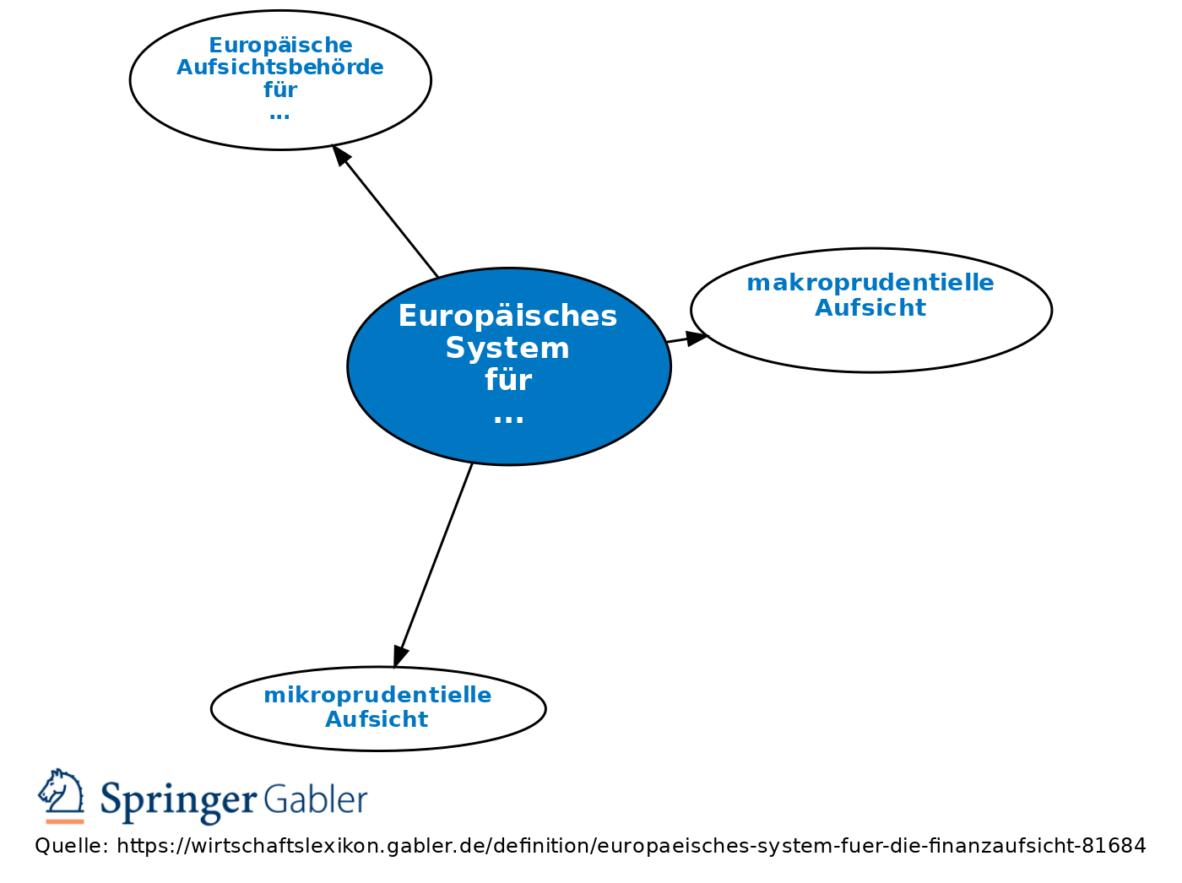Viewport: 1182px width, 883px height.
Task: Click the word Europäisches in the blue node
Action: [507, 317]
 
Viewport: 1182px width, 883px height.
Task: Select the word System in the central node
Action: [507, 348]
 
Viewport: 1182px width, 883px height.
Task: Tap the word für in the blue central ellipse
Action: [507, 380]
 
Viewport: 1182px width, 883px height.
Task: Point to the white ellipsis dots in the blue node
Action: [508, 419]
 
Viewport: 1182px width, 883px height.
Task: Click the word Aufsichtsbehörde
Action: [280, 68]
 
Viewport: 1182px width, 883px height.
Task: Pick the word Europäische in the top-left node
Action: [280, 46]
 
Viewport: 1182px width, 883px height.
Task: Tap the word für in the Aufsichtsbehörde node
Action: [280, 89]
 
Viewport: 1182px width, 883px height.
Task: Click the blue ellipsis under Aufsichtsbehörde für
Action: [279, 116]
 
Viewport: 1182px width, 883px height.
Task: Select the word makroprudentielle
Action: [870, 283]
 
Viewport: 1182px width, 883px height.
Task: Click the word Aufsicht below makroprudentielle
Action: [870, 308]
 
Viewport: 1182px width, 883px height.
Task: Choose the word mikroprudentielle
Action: [377, 695]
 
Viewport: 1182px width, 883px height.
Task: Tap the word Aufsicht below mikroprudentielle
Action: [377, 719]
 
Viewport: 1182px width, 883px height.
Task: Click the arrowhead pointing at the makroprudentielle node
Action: [697, 339]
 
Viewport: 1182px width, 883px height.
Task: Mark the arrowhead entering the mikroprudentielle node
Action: [400, 656]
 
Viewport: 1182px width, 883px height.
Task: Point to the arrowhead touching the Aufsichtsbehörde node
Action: [341, 155]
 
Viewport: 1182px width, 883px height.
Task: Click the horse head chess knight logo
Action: [62, 796]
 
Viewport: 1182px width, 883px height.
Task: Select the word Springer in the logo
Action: [178, 800]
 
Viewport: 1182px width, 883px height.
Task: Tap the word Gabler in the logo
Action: [316, 799]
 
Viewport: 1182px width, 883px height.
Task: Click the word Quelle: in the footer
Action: [72, 846]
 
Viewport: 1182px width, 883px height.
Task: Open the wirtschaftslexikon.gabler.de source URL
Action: [632, 846]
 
